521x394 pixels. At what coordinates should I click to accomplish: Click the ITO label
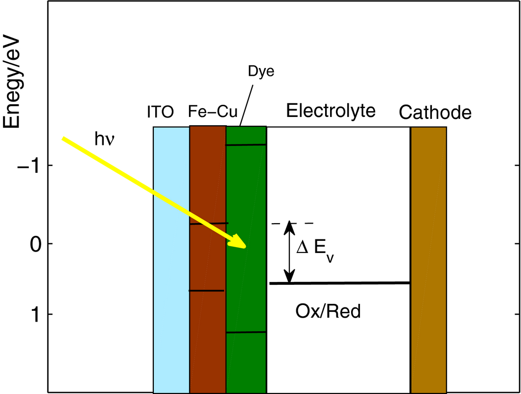coord(161,113)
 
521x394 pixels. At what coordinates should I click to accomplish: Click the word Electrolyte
coord(331,111)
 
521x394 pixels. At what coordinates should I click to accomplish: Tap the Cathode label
coord(435,113)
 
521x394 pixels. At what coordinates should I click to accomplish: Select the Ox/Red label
coord(328,311)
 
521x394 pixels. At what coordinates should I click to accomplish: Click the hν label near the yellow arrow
coord(104,140)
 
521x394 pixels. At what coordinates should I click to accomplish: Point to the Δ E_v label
coord(315,251)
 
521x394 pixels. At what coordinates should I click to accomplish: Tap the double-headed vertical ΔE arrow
coord(290,253)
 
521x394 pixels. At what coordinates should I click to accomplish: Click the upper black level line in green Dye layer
coord(246,144)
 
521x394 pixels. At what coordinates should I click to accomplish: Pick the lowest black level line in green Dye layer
coord(246,332)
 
